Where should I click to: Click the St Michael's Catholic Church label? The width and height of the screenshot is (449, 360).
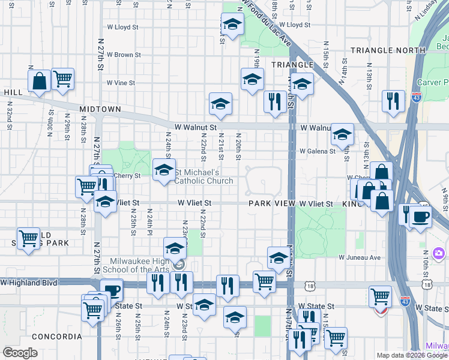tap(204, 176)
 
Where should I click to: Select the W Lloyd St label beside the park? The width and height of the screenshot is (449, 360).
tap(291, 25)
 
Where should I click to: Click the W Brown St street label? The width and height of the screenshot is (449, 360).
tap(124, 55)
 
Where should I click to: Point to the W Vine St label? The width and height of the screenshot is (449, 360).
tap(121, 83)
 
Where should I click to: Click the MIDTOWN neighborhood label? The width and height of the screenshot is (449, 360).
tap(100, 109)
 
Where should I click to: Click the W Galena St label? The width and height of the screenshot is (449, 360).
tap(318, 151)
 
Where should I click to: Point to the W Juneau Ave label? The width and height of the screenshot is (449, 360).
tap(360, 257)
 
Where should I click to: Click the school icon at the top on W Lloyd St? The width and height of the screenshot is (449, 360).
tap(231, 26)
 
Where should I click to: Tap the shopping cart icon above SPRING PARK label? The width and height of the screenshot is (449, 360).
tap(28, 238)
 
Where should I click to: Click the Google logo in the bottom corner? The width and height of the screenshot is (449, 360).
tap(20, 353)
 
